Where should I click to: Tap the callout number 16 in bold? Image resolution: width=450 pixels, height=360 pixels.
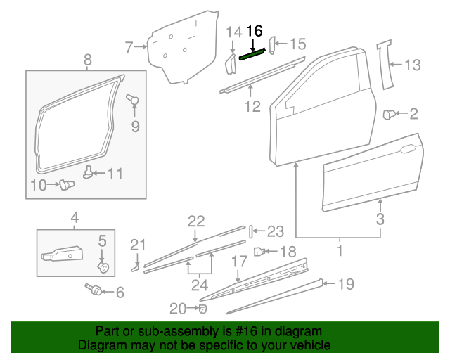pyautogui.click(x=255, y=31)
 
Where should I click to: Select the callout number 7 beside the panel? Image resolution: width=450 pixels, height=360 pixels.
pyautogui.click(x=129, y=47)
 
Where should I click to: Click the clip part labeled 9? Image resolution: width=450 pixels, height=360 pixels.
pyautogui.click(x=131, y=100)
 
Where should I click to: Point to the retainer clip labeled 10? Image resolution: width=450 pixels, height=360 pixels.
pyautogui.click(x=67, y=185)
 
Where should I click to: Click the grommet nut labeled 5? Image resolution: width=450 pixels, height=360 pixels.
pyautogui.click(x=103, y=267)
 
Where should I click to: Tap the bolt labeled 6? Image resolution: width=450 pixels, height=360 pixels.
pyautogui.click(x=91, y=288)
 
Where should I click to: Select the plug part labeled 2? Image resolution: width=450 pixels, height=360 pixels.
pyautogui.click(x=388, y=113)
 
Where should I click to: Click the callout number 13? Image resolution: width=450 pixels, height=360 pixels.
pyautogui.click(x=412, y=66)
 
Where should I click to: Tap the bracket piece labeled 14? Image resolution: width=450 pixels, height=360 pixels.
pyautogui.click(x=230, y=63)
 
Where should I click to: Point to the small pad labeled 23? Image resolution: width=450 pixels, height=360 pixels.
pyautogui.click(x=249, y=231)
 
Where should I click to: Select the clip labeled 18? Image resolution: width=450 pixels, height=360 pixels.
pyautogui.click(x=259, y=250)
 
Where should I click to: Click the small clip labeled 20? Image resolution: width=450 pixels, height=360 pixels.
pyautogui.click(x=202, y=308)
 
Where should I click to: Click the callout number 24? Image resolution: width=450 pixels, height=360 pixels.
pyautogui.click(x=200, y=286)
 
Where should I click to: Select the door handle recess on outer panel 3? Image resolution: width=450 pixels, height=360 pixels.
pyautogui.click(x=406, y=150)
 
